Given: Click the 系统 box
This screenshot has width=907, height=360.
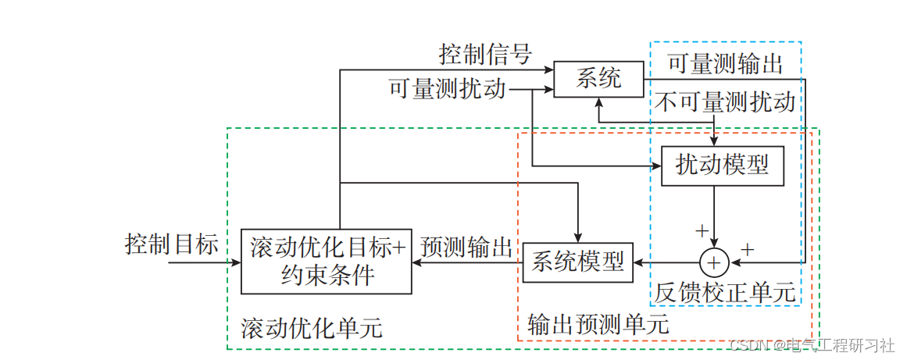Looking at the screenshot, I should pos(598,79).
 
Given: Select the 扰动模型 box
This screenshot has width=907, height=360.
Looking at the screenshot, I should pos(722,166).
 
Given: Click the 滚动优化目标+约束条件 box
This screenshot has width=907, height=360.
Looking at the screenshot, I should pos(327,262).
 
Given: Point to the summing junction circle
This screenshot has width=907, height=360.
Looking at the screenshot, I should pos(713,262).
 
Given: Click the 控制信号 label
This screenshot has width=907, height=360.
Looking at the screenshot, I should pos(485,55).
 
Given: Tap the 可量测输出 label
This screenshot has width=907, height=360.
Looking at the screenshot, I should pos(726,63).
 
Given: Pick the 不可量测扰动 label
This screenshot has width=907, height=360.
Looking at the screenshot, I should pos(726,102).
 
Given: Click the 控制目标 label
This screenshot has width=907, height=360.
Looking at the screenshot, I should pos(172,244).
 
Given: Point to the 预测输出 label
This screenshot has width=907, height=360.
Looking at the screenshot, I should pos(466,248).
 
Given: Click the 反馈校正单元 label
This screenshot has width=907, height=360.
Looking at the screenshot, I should pos(726,293).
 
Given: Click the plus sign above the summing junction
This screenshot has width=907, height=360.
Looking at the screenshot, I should pos(702,230).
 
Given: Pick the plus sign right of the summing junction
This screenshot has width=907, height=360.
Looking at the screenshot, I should pos(748,250).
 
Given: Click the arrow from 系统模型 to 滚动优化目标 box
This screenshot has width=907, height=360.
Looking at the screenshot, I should pos(466,263).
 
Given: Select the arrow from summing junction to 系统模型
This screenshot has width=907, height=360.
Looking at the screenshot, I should pos(664,262).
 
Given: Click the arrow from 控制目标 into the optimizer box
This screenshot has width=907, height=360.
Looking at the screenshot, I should pos(203,263).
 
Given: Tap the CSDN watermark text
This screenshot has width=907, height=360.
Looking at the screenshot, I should pos(811,345).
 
